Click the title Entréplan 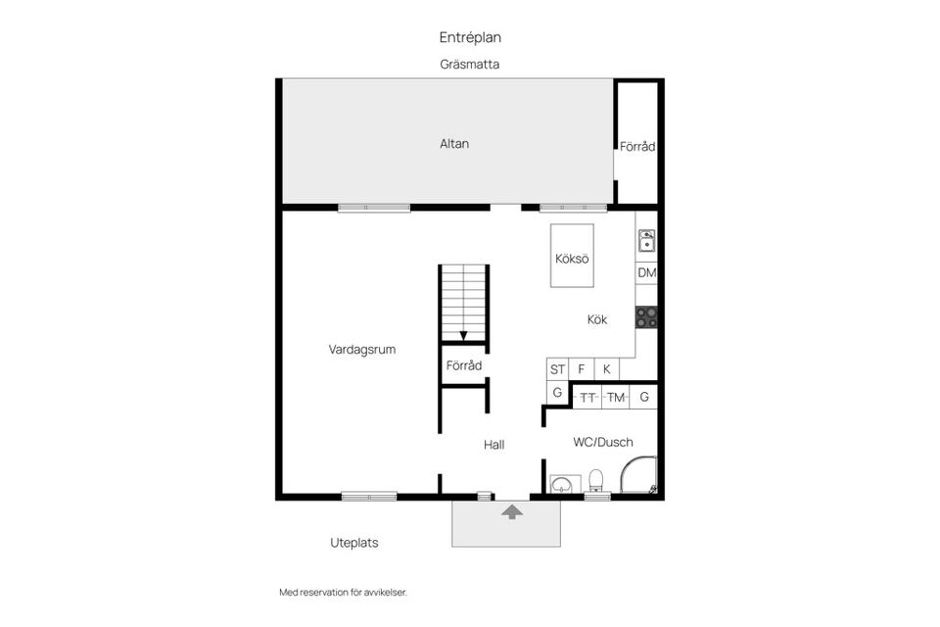tap(470, 37)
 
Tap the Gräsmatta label tap(470, 65)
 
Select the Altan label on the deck tap(454, 144)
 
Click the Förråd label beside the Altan tap(637, 147)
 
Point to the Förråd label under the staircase tap(464, 365)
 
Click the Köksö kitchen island tap(572, 257)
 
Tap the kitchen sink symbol tap(646, 239)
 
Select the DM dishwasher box tap(646, 273)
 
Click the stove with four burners tap(646, 316)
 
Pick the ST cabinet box tap(557, 369)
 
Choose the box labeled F tap(582, 369)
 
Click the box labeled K tap(607, 369)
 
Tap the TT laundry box tap(588, 397)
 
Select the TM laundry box tap(616, 397)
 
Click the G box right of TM tap(644, 397)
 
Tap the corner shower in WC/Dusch tap(641, 476)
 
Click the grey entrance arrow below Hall tap(511, 511)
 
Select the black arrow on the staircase tap(463, 334)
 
